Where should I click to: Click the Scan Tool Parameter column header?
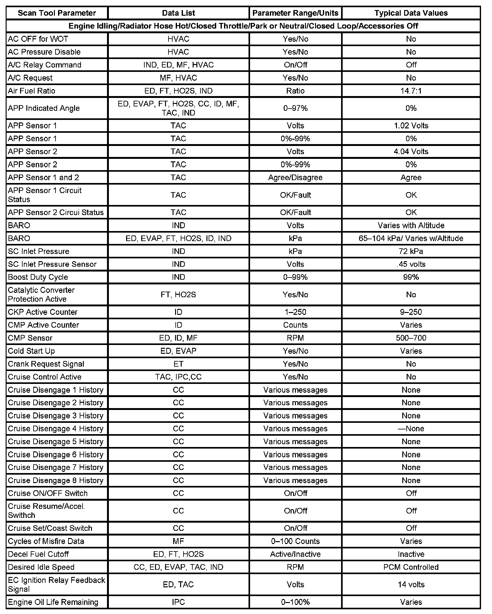pyautogui.click(x=57, y=13)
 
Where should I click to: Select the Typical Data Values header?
pyautogui.click(x=411, y=13)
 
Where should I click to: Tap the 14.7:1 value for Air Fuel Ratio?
pyautogui.click(x=411, y=91)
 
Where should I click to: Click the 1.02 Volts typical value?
pyautogui.click(x=411, y=126)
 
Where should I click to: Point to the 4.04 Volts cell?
pyautogui.click(x=411, y=152)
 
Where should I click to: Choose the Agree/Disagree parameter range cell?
pyautogui.click(x=295, y=177)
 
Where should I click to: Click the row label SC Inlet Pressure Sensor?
pyautogui.click(x=52, y=264)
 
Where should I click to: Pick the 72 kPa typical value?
pyautogui.click(x=411, y=251)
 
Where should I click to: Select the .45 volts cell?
pyautogui.click(x=411, y=264)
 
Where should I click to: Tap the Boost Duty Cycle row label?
pyautogui.click(x=38, y=277)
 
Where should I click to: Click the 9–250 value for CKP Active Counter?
pyautogui.click(x=411, y=312)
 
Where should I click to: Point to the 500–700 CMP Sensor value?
pyautogui.click(x=411, y=338)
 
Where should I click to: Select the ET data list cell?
pyautogui.click(x=178, y=364)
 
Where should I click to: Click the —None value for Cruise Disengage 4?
pyautogui.click(x=411, y=428)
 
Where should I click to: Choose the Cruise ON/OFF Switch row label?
pyautogui.click(x=48, y=493)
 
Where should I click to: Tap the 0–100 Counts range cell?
pyautogui.click(x=295, y=541)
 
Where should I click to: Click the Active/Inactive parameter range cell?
pyautogui.click(x=295, y=554)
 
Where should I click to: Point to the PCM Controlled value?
pyautogui.click(x=411, y=567)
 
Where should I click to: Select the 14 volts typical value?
pyautogui.click(x=411, y=584)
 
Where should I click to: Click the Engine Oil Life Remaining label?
pyautogui.click(x=53, y=602)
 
